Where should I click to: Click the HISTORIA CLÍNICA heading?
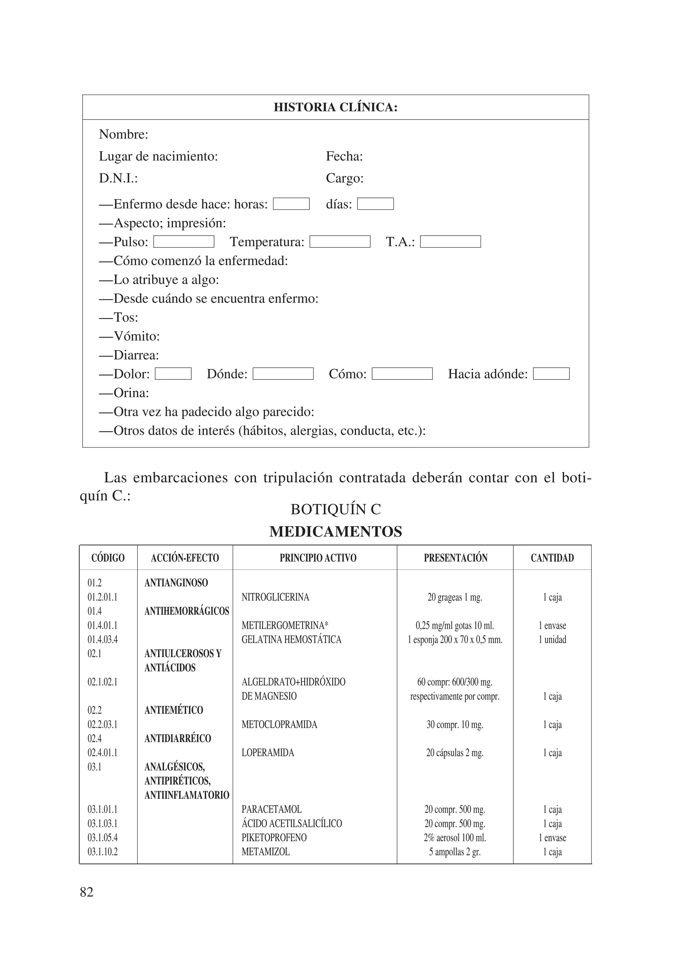click(x=336, y=107)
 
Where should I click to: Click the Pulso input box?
click(x=183, y=242)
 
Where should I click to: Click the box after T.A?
click(x=450, y=242)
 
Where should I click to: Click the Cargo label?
click(x=344, y=178)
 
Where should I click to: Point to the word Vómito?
click(x=136, y=336)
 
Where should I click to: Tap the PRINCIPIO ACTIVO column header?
click(x=318, y=558)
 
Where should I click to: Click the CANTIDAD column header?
click(x=552, y=558)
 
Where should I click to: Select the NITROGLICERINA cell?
click(x=275, y=597)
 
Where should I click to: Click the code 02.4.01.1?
click(x=102, y=753)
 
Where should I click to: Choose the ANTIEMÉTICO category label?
click(x=174, y=710)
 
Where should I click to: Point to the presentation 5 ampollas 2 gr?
click(x=455, y=852)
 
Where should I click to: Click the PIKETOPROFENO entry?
click(x=274, y=837)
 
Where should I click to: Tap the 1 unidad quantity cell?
click(x=552, y=640)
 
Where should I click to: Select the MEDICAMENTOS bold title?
click(x=336, y=532)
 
